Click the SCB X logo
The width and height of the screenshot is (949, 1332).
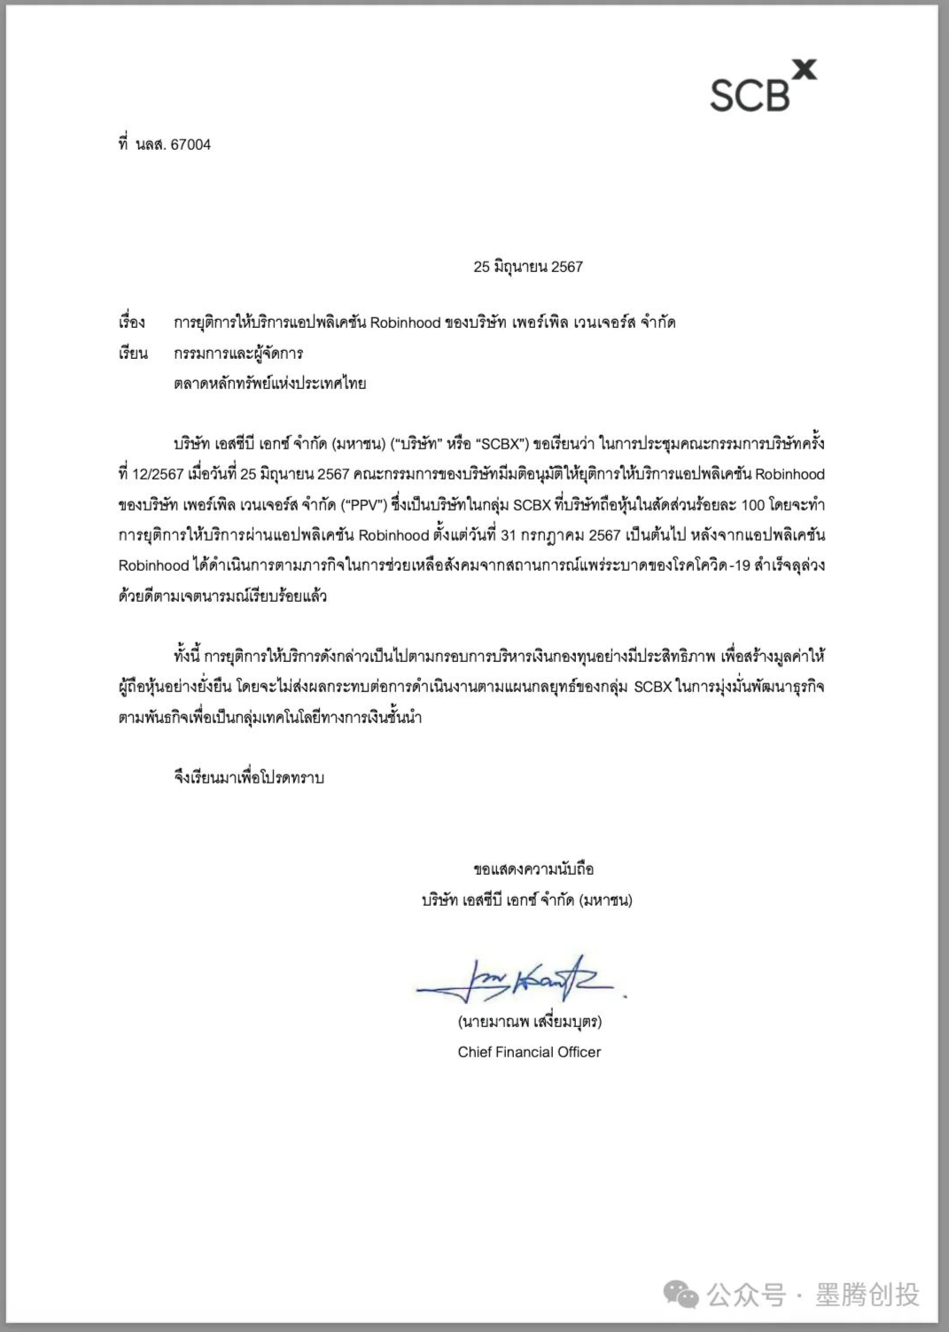coord(762,88)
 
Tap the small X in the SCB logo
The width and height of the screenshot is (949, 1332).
coord(803,69)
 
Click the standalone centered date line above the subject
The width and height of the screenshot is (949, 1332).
coord(528,267)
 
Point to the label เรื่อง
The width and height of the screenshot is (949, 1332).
coord(131,323)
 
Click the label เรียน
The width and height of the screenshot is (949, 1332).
coord(132,354)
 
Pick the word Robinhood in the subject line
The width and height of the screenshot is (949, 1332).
coord(405,323)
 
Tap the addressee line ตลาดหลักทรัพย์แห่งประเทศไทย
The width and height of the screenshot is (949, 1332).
coord(269,384)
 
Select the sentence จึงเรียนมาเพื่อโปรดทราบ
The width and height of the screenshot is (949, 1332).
coord(249,777)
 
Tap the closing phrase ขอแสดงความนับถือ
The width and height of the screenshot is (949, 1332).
coord(533,869)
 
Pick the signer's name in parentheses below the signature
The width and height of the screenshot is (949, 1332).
coord(530,1021)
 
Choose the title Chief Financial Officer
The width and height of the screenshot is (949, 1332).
coord(529,1052)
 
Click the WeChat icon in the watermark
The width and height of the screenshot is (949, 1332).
coord(681,1295)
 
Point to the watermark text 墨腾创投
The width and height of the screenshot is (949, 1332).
coord(866,1295)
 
